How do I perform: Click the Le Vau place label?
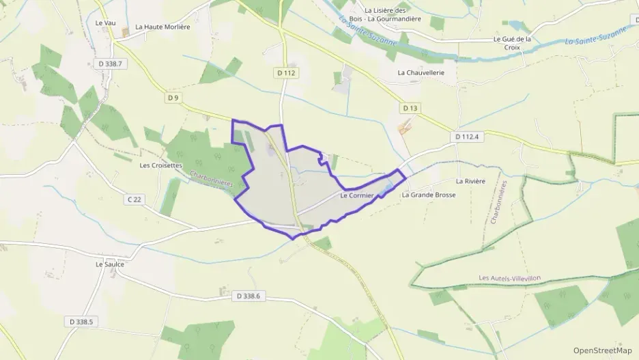[104, 23]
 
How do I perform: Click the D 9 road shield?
[173, 98]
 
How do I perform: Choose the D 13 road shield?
[410, 108]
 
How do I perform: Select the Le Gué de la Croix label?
[512, 43]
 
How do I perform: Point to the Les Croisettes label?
[161, 165]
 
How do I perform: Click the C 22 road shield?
[134, 199]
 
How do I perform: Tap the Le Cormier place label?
[355, 196]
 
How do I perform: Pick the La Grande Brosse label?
[428, 195]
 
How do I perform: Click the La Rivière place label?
[470, 181]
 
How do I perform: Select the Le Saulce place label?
[110, 264]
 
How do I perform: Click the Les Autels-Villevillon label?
[511, 278]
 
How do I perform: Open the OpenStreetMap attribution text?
[602, 350]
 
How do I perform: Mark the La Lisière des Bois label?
[395, 14]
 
